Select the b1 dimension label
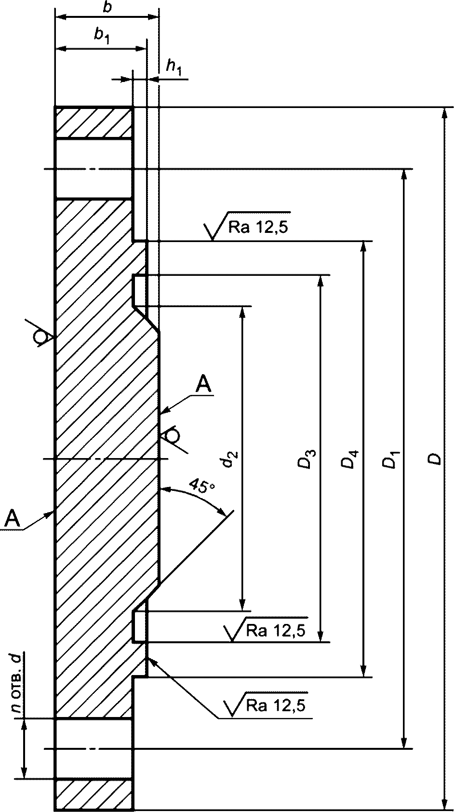coord(102,36)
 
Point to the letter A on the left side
coord(13,518)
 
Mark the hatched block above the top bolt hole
coord(93,122)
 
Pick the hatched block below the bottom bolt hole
coord(93,794)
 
